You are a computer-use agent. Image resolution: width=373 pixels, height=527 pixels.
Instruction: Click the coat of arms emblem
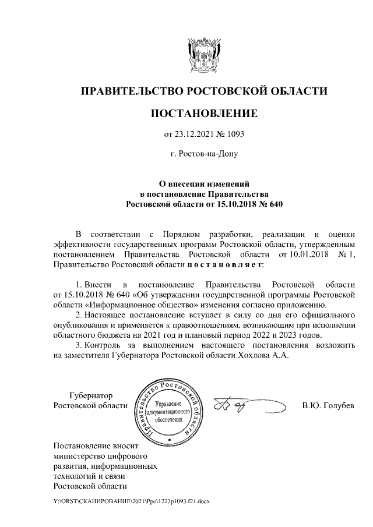203,53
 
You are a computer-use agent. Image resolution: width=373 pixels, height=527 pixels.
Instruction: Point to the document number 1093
234,134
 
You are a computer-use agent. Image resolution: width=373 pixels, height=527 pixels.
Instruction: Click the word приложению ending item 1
297,305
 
